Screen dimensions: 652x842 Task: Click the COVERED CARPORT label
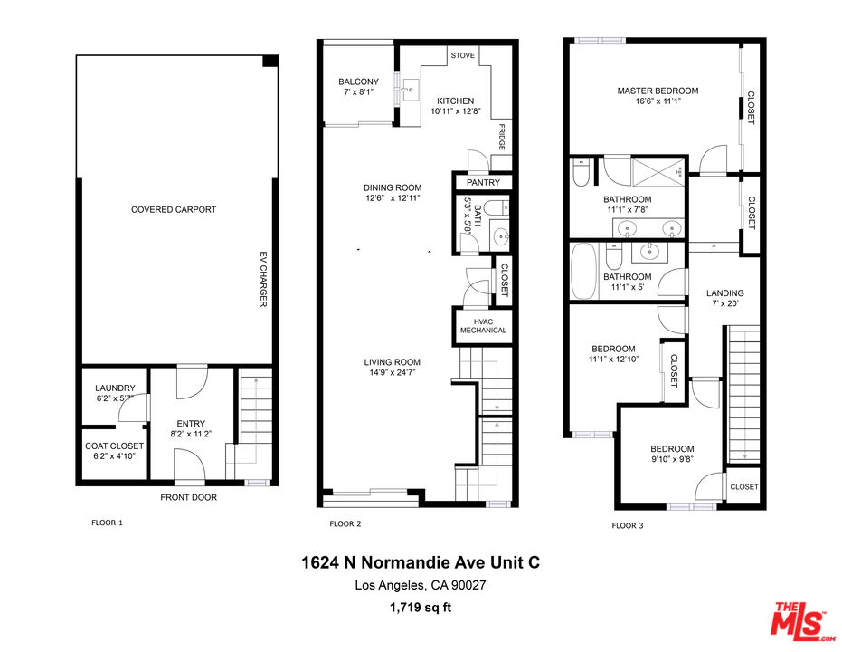174,209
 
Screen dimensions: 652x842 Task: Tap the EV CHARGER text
263,278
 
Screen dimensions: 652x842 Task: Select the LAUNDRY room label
115,388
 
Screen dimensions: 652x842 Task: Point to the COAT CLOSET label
114,446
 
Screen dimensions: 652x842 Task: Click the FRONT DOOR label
188,497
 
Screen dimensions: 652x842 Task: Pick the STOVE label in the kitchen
462,55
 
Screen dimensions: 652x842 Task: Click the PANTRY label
483,183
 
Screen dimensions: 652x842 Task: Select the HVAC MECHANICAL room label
483,326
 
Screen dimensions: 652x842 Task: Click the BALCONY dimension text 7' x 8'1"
359,92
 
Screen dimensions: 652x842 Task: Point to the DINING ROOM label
393,187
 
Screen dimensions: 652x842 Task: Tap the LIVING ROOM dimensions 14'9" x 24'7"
393,372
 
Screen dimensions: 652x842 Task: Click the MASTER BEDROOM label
658,91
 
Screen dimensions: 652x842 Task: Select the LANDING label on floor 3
724,292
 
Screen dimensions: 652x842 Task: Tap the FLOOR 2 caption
345,524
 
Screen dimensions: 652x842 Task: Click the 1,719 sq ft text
421,607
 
